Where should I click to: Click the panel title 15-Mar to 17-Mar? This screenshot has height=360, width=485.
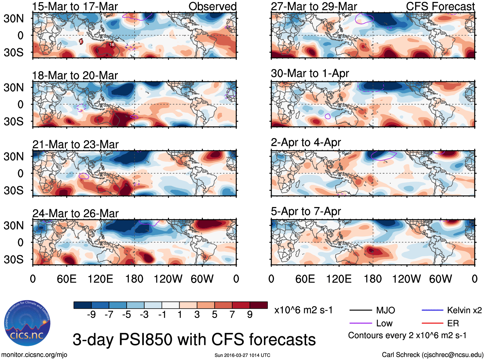click(75, 6)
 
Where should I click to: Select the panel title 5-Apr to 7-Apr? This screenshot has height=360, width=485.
click(306, 211)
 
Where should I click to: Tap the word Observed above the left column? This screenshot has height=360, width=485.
click(212, 6)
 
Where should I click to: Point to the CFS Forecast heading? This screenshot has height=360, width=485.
click(440, 6)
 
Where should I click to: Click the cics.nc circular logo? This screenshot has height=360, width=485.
click(27, 323)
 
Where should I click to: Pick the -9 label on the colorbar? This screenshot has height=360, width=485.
click(91, 314)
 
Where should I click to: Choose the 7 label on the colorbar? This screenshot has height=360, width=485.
click(232, 314)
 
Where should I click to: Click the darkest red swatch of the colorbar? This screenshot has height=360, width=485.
click(259, 305)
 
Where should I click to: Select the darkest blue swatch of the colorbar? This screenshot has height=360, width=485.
click(83, 305)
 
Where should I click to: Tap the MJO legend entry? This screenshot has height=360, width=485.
click(385, 310)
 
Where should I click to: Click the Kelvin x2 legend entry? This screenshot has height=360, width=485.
click(464, 310)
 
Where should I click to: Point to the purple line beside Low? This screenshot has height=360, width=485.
click(361, 323)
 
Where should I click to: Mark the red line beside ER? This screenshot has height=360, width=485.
click(432, 323)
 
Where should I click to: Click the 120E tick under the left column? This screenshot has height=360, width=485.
click(100, 279)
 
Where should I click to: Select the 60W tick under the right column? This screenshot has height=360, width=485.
click(440, 279)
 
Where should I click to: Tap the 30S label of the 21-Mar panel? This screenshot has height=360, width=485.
click(13, 190)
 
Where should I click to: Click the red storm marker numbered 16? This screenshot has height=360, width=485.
click(112, 45)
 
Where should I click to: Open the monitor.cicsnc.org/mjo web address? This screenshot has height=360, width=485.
click(34, 355)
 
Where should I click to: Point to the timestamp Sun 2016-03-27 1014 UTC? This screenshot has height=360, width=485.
click(242, 355)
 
